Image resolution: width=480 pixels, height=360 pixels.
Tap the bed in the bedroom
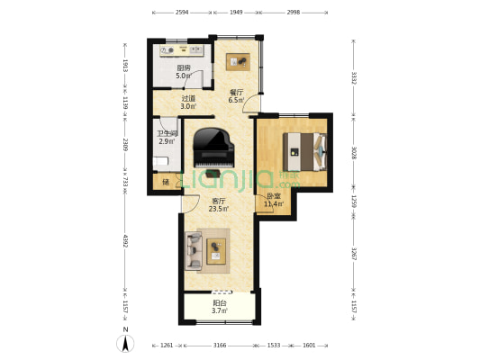coord(302,150)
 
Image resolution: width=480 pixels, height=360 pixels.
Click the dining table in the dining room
coord(239,61)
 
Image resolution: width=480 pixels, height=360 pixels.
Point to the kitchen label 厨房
coord(183,68)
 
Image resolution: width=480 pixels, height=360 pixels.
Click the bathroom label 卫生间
coord(167,133)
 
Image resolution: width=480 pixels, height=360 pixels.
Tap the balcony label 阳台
coord(219,303)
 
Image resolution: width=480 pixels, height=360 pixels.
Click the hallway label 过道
coord(188,99)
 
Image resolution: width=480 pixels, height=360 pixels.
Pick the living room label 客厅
coord(219,201)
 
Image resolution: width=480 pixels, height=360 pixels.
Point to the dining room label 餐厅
coord(236,92)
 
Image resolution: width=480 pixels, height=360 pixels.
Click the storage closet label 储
coord(166,183)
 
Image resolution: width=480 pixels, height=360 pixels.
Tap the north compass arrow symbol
coord(125,342)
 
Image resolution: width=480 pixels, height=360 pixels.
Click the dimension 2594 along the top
coord(182,13)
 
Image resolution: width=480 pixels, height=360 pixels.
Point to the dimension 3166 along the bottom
coord(219,346)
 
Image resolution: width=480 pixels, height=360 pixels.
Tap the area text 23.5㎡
coord(219,209)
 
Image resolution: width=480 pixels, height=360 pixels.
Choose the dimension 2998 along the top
coord(294,13)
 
